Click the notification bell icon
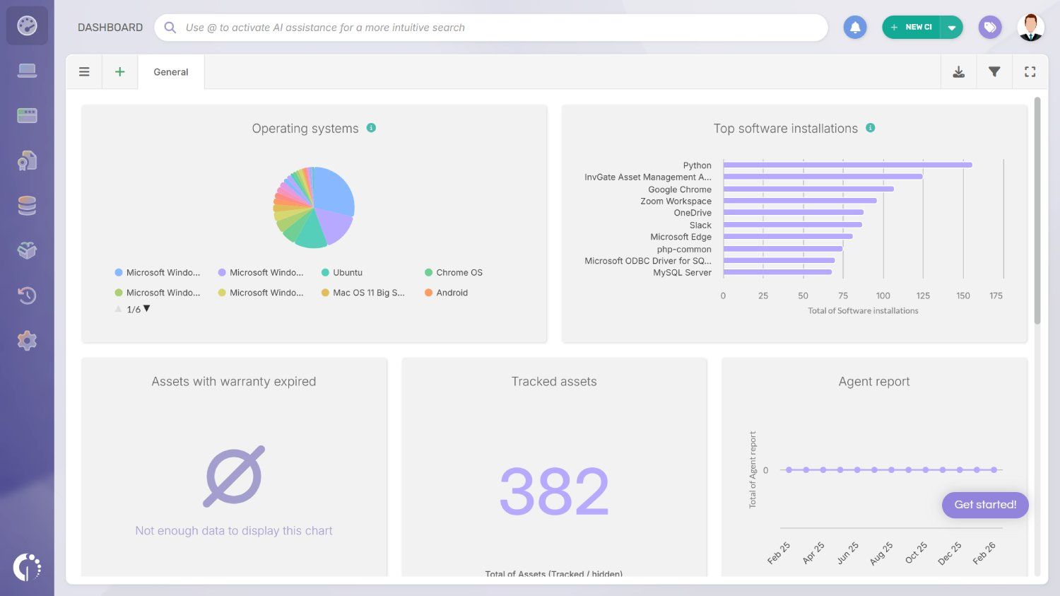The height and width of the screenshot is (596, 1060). coord(855,28)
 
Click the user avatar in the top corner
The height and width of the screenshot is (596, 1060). coord(1030,28)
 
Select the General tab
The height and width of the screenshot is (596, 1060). coord(171,72)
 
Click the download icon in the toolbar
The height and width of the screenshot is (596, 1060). coord(959,72)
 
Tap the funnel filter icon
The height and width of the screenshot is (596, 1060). coord(994,72)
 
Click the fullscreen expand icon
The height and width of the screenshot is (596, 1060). coord(1030,72)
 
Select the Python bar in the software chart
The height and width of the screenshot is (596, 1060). coord(847,165)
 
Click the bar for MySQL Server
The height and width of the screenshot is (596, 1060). coord(777,272)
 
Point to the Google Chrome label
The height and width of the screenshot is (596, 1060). coord(679,189)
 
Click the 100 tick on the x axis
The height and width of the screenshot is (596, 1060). coord(883,296)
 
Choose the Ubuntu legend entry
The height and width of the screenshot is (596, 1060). coord(347,273)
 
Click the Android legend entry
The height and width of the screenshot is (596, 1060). coord(452,293)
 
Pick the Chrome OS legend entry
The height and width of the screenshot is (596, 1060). coord(459,273)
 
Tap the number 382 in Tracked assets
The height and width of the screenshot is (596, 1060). coord(554,491)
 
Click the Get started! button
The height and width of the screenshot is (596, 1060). coord(985,505)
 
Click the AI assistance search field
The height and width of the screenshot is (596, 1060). coord(495,28)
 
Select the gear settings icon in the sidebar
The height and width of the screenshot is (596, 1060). coord(27,341)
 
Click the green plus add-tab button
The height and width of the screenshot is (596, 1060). coord(120,72)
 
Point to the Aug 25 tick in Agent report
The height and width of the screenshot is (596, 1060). coord(881,553)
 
